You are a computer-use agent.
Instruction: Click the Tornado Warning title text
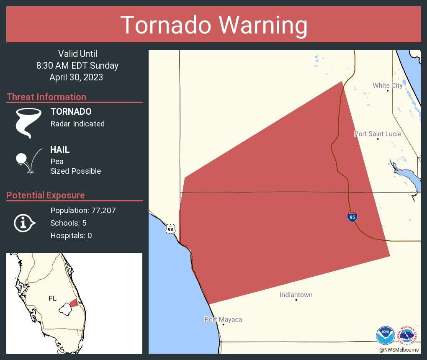213,25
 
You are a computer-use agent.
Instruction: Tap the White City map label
388,86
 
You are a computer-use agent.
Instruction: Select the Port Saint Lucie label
378,134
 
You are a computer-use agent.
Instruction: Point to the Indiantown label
296,295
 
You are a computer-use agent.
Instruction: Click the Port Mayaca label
223,320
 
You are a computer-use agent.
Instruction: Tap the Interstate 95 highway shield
352,217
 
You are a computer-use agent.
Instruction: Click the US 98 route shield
170,229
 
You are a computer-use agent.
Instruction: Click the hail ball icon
21,159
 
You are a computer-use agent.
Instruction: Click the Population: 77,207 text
83,210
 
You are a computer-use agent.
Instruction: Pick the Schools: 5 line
68,223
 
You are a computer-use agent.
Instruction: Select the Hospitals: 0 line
71,236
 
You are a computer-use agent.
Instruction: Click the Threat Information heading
46,97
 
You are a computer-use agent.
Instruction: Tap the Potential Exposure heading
46,195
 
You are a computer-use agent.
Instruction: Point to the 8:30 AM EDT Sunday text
77,65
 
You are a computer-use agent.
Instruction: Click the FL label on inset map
52,298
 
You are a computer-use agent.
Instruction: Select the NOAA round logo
385,335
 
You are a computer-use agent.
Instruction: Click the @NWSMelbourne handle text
399,350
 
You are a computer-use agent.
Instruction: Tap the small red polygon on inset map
74,303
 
